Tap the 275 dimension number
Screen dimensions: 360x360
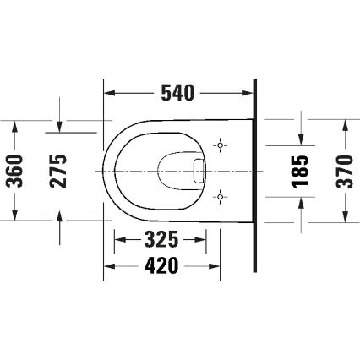pyautogui.click(x=60, y=170)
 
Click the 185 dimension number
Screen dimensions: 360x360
pyautogui.click(x=302, y=170)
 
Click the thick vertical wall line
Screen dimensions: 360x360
pyautogui.click(x=254, y=177)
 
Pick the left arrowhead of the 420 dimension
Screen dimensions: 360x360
pyautogui.click(x=108, y=267)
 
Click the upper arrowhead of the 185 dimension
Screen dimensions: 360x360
pyautogui.click(x=302, y=139)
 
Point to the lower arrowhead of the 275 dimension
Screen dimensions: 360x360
pyautogui.click(x=60, y=215)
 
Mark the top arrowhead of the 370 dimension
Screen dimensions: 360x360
pyautogui.click(x=345, y=125)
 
